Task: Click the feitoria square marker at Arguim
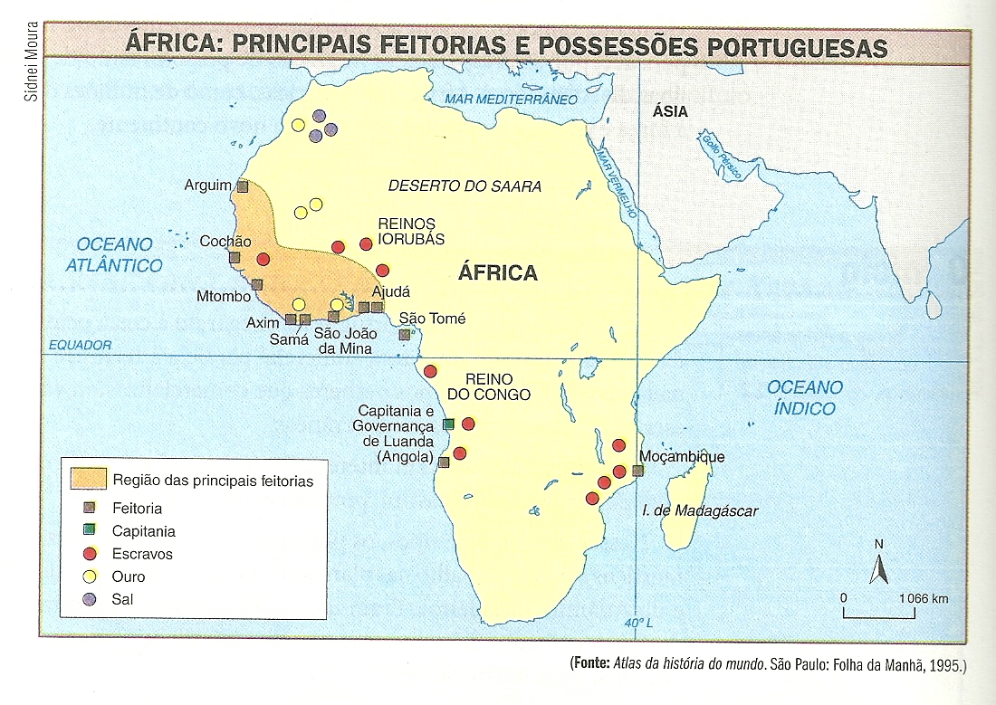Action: click(242, 186)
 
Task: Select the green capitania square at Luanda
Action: click(448, 424)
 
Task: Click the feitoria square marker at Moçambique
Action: click(637, 471)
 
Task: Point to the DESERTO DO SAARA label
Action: click(464, 186)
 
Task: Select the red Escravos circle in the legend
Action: click(89, 554)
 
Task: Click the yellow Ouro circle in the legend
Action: click(89, 576)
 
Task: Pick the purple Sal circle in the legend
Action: click(89, 598)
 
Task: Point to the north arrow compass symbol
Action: click(877, 567)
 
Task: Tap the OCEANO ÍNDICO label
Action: click(804, 397)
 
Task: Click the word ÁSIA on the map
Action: click(671, 112)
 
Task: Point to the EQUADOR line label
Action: click(81, 345)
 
